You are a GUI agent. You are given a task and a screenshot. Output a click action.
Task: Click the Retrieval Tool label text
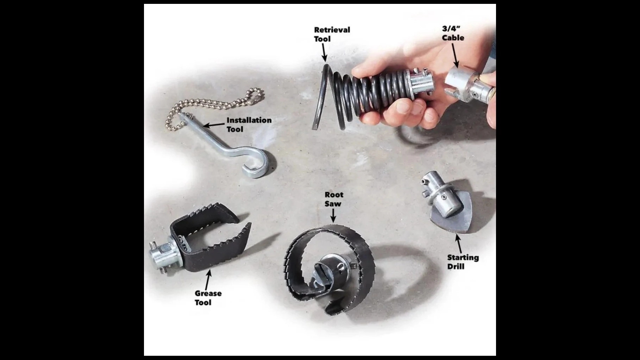click(x=332, y=34)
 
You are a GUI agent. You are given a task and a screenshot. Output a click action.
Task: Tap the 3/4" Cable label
click(x=453, y=33)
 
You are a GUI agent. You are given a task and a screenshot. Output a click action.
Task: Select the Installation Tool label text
click(x=249, y=125)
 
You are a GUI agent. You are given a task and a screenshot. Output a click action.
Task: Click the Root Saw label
click(x=334, y=199)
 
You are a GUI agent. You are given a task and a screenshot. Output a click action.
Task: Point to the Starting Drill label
click(x=463, y=262)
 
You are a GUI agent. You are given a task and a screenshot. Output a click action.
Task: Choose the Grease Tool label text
click(x=208, y=298)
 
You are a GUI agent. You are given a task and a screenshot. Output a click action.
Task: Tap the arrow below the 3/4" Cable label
click(x=455, y=55)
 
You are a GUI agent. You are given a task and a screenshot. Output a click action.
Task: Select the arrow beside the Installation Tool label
click(x=214, y=125)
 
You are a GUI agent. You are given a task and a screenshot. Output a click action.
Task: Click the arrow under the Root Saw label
click(x=333, y=215)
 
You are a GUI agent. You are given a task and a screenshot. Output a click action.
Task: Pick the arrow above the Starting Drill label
click(x=458, y=243)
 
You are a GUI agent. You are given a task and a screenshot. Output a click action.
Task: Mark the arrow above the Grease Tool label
click(x=208, y=280)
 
